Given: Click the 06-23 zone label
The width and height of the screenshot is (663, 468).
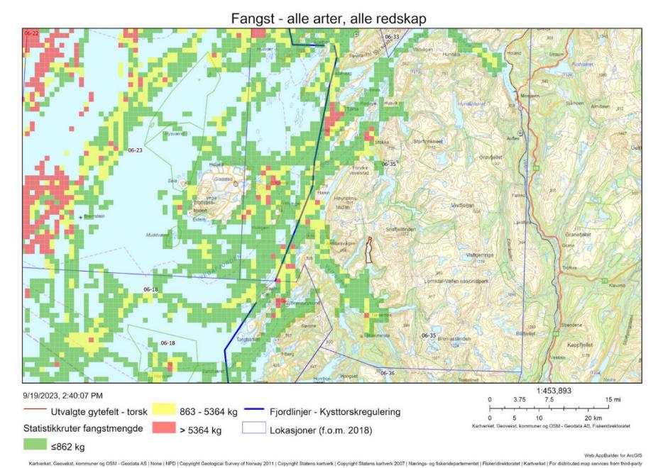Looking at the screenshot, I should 135,150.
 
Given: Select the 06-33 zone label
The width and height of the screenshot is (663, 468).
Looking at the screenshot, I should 391,36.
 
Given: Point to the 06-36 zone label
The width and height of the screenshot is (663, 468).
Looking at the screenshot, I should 387,373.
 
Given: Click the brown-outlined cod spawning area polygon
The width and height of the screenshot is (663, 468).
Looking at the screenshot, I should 368,250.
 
